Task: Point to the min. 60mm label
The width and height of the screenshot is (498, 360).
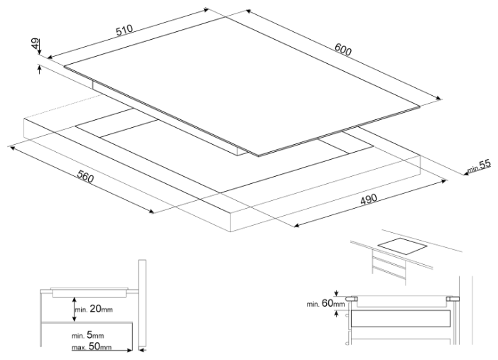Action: point(325,304)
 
